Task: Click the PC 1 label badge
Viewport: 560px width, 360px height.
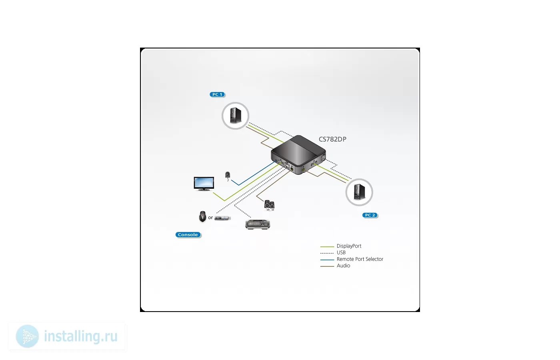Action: (x=217, y=94)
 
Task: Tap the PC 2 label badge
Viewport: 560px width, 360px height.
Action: (x=370, y=215)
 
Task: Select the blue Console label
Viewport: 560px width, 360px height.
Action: (x=188, y=235)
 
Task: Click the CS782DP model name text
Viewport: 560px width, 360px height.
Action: (x=332, y=139)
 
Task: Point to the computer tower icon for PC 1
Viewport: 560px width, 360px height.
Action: (x=236, y=115)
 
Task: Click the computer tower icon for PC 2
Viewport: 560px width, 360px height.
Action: (x=359, y=192)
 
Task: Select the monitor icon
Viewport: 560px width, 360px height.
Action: (x=204, y=184)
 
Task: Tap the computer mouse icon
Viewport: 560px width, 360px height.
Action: (x=202, y=216)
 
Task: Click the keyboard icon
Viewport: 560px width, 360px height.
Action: (x=258, y=224)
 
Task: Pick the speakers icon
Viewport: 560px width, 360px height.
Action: (x=269, y=205)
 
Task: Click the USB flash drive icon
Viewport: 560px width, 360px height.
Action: (x=222, y=218)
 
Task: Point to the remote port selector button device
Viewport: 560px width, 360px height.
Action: (x=228, y=175)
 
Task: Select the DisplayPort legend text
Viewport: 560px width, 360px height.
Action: (x=349, y=246)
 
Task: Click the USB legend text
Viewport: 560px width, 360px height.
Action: (x=341, y=252)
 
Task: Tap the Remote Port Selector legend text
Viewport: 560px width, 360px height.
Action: (x=360, y=259)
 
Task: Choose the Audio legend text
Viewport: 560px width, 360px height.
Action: (x=344, y=266)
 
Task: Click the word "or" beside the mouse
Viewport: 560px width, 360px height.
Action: (x=210, y=218)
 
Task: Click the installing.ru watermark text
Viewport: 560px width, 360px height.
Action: (x=81, y=336)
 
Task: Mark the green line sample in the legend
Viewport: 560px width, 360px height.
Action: (x=327, y=247)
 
